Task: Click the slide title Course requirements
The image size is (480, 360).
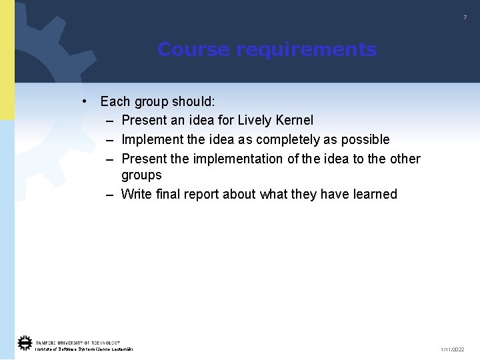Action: pos(267,50)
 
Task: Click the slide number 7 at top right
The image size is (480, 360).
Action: pos(465,17)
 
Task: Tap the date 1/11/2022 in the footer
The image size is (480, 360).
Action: pos(453,349)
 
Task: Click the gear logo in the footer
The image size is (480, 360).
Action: pos(25,343)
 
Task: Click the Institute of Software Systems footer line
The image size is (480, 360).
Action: pos(84,349)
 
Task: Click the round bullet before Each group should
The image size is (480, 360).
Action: pos(85,101)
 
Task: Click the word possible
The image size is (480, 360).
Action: pos(365,139)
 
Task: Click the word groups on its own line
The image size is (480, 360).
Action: pos(141,175)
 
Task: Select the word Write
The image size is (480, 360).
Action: pos(137,194)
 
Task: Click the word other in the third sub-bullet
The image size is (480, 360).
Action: pos(405,159)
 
